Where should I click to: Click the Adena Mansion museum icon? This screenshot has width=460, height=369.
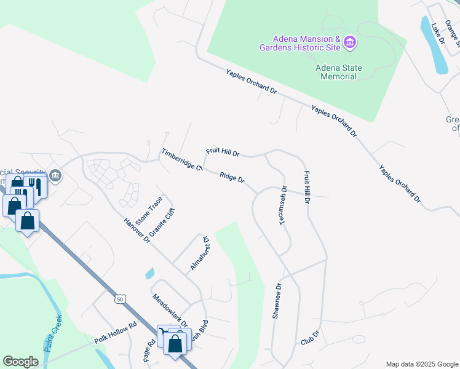pyautogui.click(x=350, y=42)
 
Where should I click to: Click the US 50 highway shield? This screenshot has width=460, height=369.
pyautogui.click(x=119, y=299)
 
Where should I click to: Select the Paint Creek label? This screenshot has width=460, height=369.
pyautogui.click(x=54, y=333)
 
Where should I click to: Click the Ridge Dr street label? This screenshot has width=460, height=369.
pyautogui.click(x=232, y=178)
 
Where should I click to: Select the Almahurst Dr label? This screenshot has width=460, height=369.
pyautogui.click(x=200, y=253)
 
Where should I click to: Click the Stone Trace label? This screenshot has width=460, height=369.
pyautogui.click(x=149, y=210)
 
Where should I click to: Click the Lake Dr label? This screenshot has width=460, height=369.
pyautogui.click(x=438, y=33)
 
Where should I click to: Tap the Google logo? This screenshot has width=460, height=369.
pyautogui.click(x=20, y=362)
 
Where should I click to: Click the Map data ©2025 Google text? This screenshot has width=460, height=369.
pyautogui.click(x=421, y=364)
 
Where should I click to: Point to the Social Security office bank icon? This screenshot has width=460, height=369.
pyautogui.click(x=55, y=176)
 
